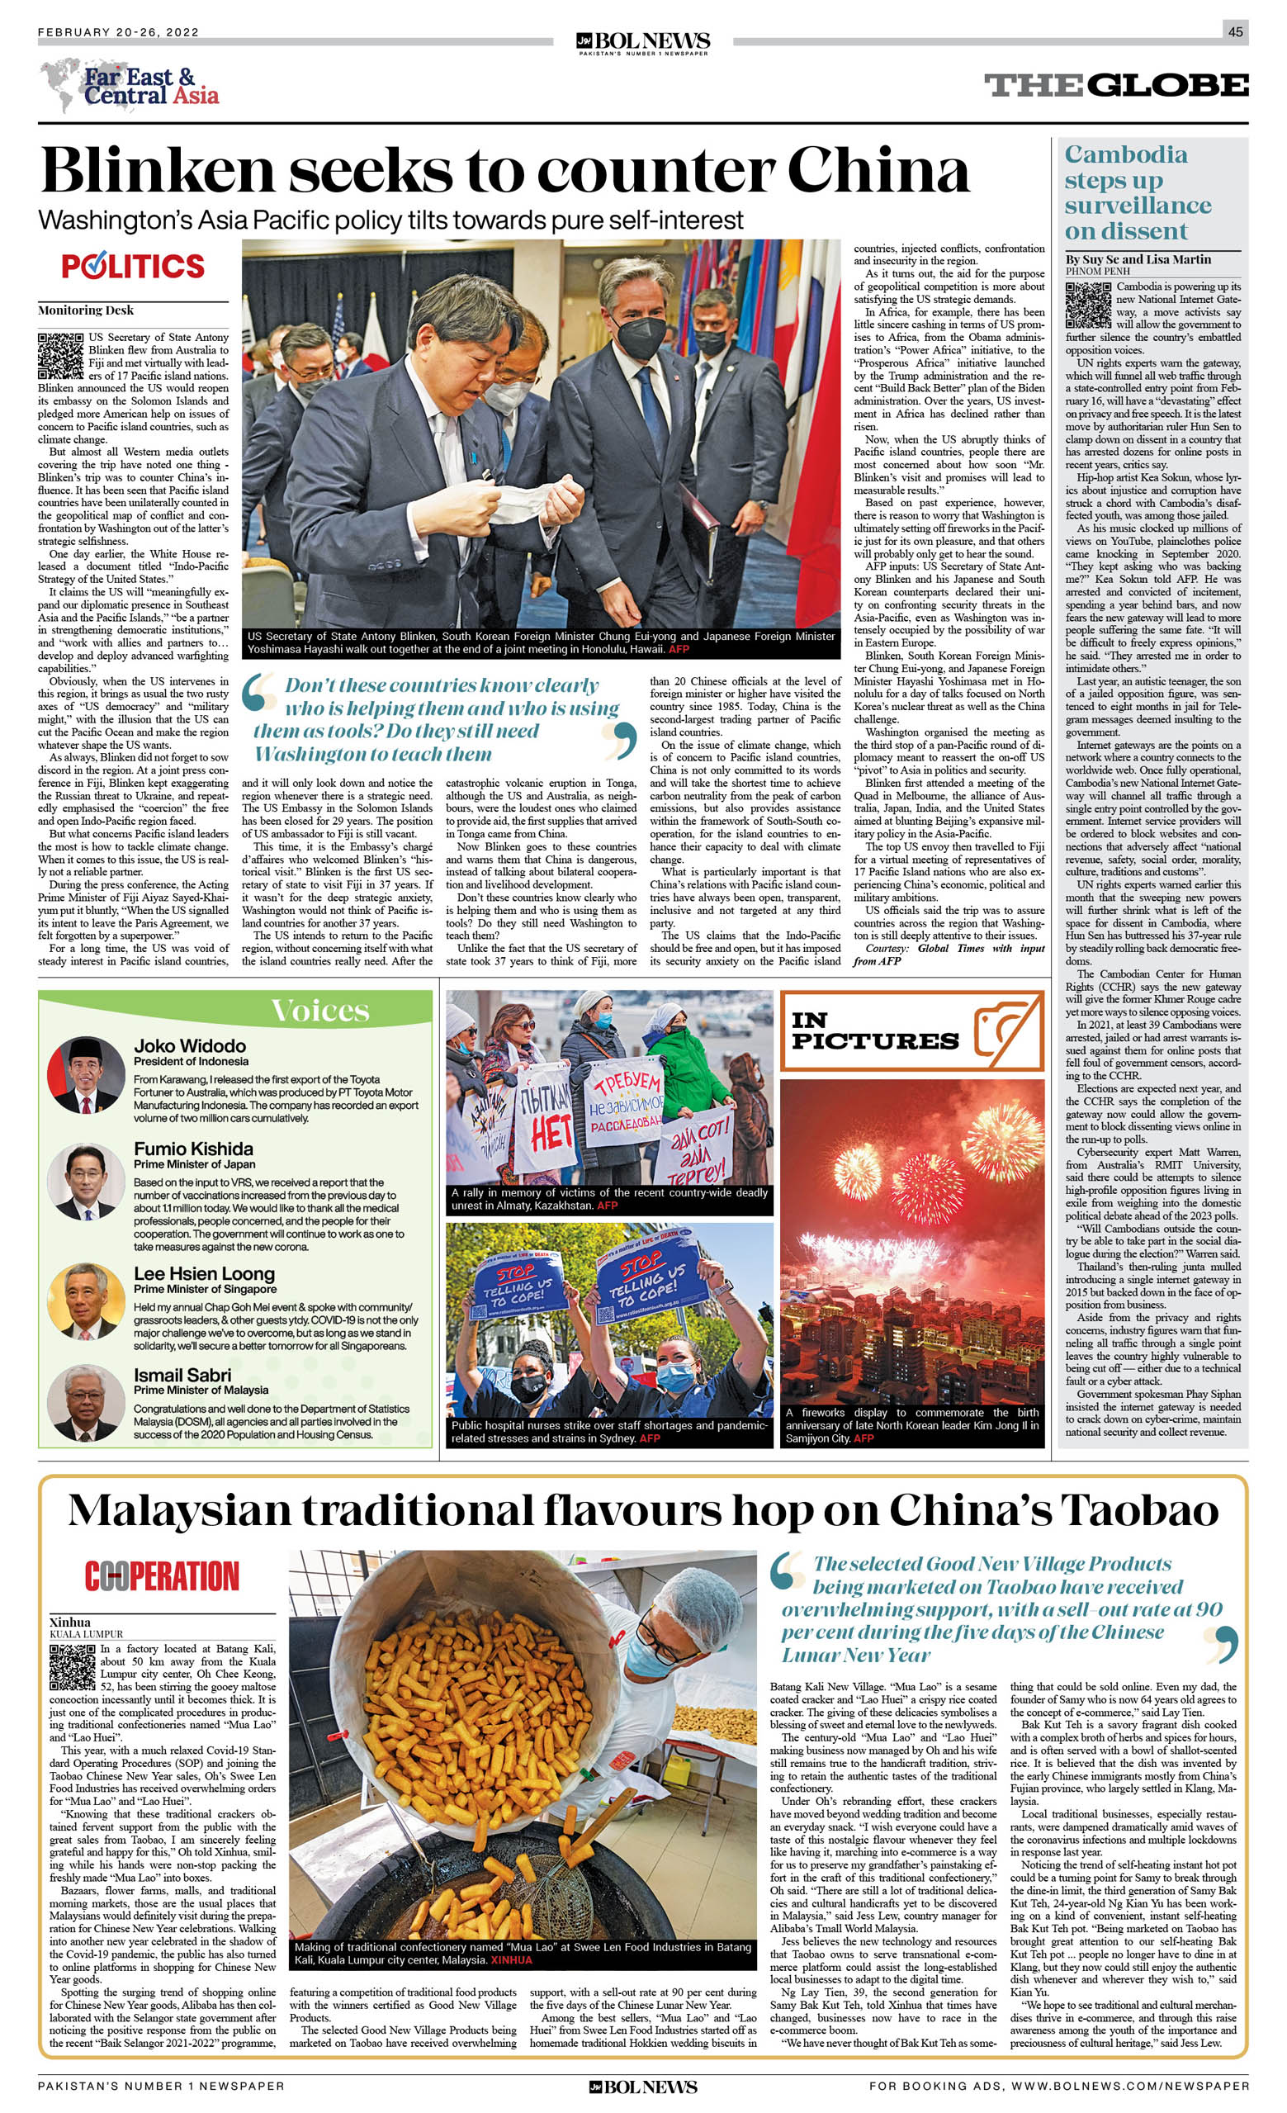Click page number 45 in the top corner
click(1235, 31)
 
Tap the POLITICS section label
click(133, 266)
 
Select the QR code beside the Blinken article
click(60, 356)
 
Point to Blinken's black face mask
click(639, 337)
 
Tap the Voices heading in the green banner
click(319, 1010)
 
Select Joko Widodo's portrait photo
click(86, 1075)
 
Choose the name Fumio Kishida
click(193, 1149)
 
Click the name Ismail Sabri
click(182, 1375)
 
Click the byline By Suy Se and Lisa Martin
click(1138, 259)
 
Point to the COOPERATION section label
click(161, 1576)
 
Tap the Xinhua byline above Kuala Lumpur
click(69, 1622)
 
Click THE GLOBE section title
click(1115, 85)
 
